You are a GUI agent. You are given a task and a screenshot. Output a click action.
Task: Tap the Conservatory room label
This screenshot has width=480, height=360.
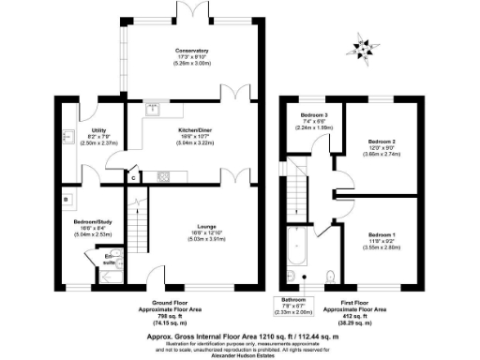pos(191,50)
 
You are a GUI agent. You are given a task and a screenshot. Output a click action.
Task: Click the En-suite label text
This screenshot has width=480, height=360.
pos(110,257)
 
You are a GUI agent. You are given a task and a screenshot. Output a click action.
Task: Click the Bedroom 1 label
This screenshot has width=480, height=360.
pos(381,232)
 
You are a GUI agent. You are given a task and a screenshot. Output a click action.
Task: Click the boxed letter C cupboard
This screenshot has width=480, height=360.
pos(134,176)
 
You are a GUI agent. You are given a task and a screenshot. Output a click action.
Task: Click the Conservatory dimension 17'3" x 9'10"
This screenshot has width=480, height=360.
pos(191,56)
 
